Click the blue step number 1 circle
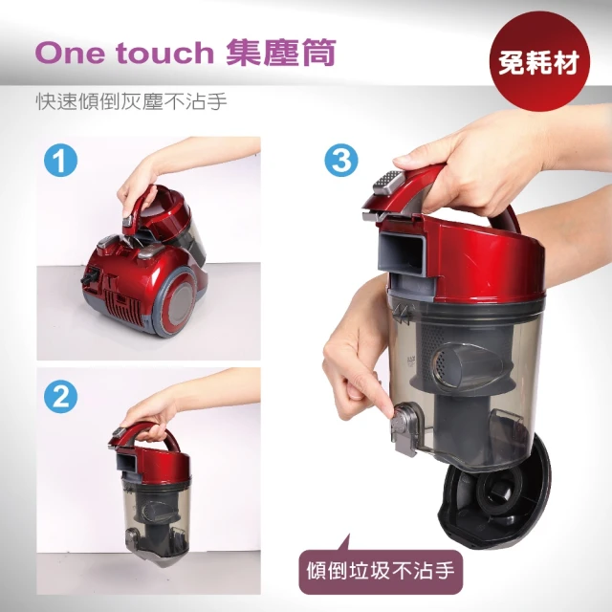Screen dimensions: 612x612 pos(60,161)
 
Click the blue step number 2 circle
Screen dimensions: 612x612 pos(60,396)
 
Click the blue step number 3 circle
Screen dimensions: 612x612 pos(341,161)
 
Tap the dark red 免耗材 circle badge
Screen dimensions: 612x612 pos(539,61)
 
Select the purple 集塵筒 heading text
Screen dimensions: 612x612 pos(281,52)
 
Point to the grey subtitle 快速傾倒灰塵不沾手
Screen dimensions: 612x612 pos(132,102)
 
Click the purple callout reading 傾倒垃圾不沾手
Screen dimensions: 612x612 pos(381,571)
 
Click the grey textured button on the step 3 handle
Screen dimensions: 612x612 pos(387,182)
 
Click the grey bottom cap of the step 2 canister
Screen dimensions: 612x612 pos(157,557)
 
